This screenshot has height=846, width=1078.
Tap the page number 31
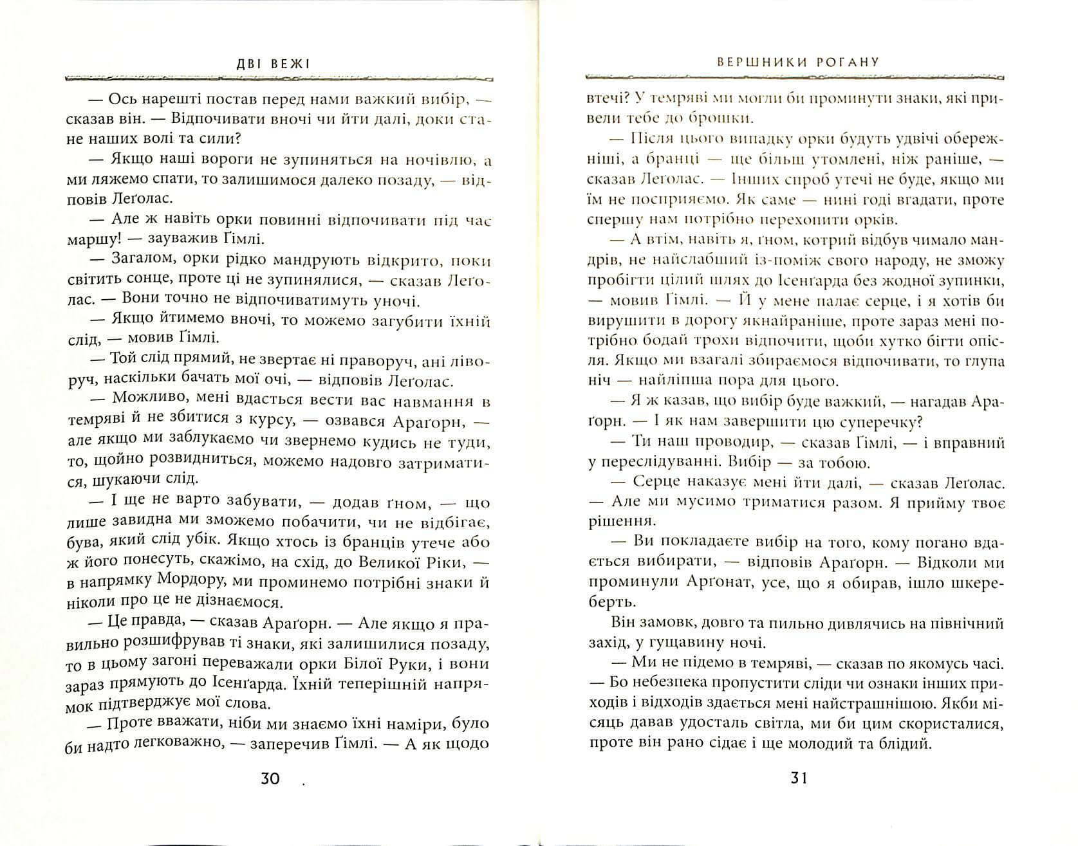coord(797,778)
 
